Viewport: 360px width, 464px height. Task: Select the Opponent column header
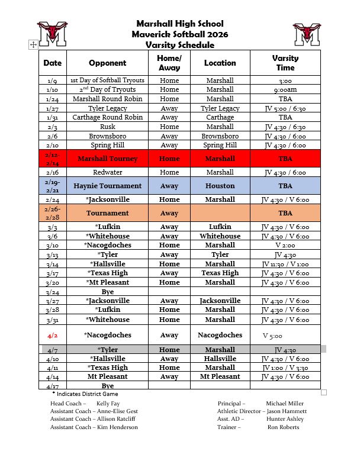pos(108,63)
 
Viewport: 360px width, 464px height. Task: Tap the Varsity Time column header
pos(285,63)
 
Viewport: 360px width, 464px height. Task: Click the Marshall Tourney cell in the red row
pos(108,159)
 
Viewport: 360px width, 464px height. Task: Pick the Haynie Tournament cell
pos(108,186)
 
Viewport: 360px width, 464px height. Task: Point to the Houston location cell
pos(220,186)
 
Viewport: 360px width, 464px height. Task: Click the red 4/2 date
pos(52,335)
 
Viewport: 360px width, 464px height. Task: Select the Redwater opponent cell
pos(108,172)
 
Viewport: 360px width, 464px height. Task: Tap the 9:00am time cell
pos(285,89)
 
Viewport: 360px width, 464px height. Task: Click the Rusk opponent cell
pos(108,127)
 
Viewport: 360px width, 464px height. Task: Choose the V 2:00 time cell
pos(285,245)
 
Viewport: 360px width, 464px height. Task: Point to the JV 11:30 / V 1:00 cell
pos(285,264)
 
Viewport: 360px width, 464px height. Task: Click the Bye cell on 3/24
pos(108,292)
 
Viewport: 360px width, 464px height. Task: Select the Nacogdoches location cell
pos(220,335)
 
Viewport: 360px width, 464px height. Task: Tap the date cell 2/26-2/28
pos(52,213)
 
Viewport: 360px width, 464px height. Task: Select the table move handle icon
pos(33,44)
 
